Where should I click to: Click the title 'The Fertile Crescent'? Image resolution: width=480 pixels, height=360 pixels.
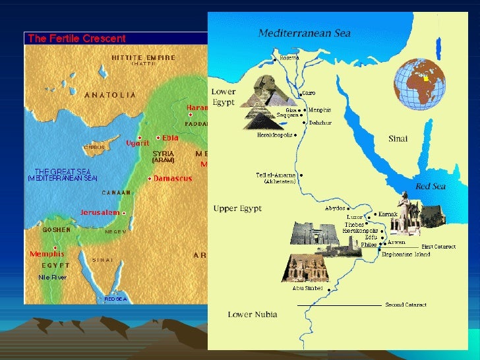click(76, 39)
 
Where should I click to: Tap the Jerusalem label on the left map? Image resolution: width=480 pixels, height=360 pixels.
click(100, 212)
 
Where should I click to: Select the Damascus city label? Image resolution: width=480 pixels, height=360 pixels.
click(173, 179)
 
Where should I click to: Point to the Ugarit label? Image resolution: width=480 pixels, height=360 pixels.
click(138, 143)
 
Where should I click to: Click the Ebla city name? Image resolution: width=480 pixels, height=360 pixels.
click(171, 138)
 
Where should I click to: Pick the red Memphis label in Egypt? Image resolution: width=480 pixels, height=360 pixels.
click(47, 254)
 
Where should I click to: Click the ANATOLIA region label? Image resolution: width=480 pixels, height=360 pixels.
click(110, 95)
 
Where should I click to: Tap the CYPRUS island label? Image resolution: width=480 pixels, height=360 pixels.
click(94, 147)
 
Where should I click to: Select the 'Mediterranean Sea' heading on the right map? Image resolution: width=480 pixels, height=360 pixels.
click(304, 33)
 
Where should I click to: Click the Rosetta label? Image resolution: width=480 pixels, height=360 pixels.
click(289, 57)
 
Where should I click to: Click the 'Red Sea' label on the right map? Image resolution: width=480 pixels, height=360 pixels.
click(430, 187)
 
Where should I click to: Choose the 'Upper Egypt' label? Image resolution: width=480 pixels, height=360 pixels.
click(237, 208)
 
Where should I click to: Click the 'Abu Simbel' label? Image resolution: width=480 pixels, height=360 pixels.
click(308, 287)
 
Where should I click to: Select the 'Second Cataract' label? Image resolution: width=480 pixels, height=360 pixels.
click(405, 305)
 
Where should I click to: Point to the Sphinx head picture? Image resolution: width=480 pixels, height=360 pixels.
click(260, 90)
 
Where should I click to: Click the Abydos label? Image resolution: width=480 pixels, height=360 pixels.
click(335, 208)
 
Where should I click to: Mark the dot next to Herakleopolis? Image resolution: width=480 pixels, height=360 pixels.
click(295, 135)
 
